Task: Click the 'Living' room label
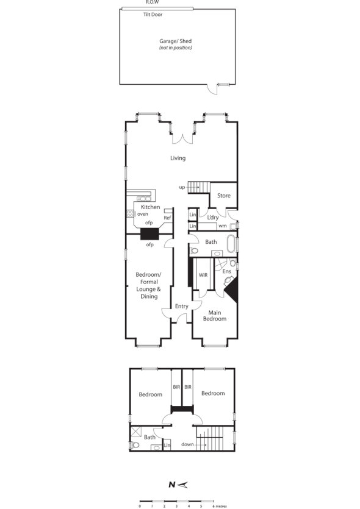pos(178,158)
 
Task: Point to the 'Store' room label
pos(224,196)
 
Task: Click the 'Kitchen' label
pos(150,207)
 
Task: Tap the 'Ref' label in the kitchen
pos(167,218)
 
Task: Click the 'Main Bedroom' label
pos(214,315)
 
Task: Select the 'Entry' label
pos(181,307)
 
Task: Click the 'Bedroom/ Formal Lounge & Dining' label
pos(148,286)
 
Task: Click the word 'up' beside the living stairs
pos(182,187)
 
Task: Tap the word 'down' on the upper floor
pos(187,444)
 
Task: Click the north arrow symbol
pos(178,485)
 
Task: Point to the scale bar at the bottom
pos(176,500)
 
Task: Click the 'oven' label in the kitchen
pos(143,215)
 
